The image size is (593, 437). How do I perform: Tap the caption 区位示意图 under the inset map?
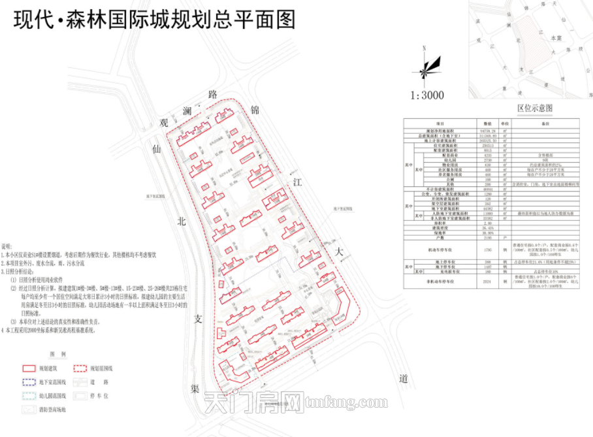pyautogui.click(x=534, y=107)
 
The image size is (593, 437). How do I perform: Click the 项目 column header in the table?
pyautogui.click(x=440, y=122)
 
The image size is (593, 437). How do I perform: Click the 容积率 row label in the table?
pyautogui.click(x=440, y=222)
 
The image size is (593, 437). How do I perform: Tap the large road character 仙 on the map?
pyautogui.click(x=156, y=150)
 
